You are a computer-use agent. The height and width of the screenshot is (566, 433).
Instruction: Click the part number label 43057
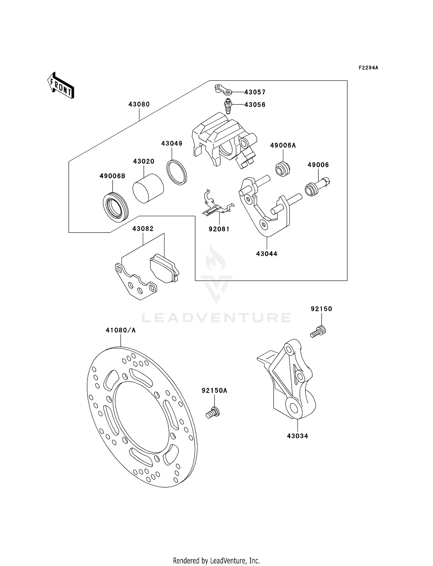(255, 92)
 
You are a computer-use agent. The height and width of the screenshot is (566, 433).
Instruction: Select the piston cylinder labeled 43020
(148, 188)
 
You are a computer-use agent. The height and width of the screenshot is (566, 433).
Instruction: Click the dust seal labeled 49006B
(115, 207)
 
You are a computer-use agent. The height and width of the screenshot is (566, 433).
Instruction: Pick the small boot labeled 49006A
(283, 169)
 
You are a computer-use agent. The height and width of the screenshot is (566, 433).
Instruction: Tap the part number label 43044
(266, 254)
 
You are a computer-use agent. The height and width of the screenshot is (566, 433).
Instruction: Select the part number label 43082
(143, 229)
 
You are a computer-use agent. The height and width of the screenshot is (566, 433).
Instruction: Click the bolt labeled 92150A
(213, 412)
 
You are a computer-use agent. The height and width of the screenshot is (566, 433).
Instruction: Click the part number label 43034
(297, 436)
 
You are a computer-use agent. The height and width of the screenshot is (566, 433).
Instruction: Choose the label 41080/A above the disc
(121, 330)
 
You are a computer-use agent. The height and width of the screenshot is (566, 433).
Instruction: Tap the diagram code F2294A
(368, 68)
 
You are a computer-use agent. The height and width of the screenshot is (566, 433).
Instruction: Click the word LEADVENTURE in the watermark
(216, 318)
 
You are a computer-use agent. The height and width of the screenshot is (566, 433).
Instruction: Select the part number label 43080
(139, 104)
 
